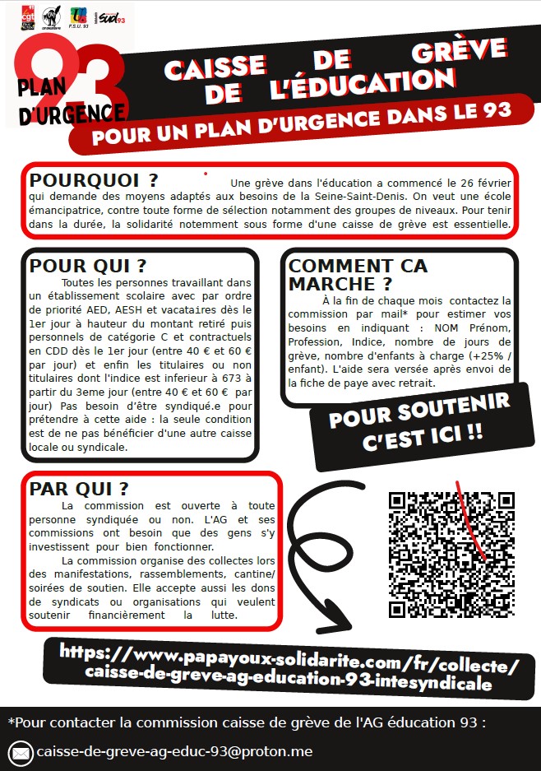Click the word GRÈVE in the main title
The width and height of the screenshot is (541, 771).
pos(457,54)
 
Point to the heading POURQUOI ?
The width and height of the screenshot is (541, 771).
pos(94,180)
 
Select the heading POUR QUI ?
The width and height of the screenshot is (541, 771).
pos(88,267)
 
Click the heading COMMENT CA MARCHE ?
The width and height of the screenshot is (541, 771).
pos(358,275)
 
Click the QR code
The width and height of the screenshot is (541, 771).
pos(451,554)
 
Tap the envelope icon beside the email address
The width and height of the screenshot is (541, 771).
pos(21,753)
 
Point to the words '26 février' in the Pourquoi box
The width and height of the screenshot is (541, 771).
pos(479,182)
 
